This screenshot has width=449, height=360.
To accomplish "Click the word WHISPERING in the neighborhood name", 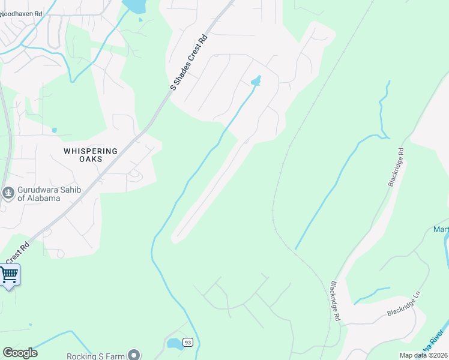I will (x=91, y=151).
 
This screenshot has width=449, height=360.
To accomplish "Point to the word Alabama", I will (x=43, y=198).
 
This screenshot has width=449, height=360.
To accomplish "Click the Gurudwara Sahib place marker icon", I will (x=8, y=193).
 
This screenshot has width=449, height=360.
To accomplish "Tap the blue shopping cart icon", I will (x=9, y=275).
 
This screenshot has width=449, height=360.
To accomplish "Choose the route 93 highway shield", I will (x=188, y=343).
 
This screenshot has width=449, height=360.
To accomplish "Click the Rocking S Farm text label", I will (x=97, y=356).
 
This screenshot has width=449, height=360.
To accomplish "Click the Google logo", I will (x=20, y=353).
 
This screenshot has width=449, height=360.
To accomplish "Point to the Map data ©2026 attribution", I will (x=424, y=355).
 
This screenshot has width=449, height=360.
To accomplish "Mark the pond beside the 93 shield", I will (x=175, y=344).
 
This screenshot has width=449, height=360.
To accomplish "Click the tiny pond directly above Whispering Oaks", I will (x=54, y=130).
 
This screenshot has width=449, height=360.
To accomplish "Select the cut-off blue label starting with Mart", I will (x=441, y=230).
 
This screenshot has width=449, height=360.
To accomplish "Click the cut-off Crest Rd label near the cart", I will (x=17, y=253).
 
